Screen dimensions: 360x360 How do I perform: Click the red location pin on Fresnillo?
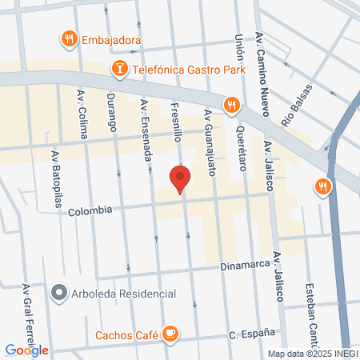[x=180, y=178]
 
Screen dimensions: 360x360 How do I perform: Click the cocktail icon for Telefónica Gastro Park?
[x=119, y=69]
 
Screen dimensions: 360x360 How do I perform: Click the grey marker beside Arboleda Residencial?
[x=58, y=294]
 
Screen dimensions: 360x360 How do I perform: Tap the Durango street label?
[x=112, y=113]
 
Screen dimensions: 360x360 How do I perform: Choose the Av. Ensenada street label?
[x=146, y=128]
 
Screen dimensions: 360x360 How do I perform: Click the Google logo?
[x=26, y=350]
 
